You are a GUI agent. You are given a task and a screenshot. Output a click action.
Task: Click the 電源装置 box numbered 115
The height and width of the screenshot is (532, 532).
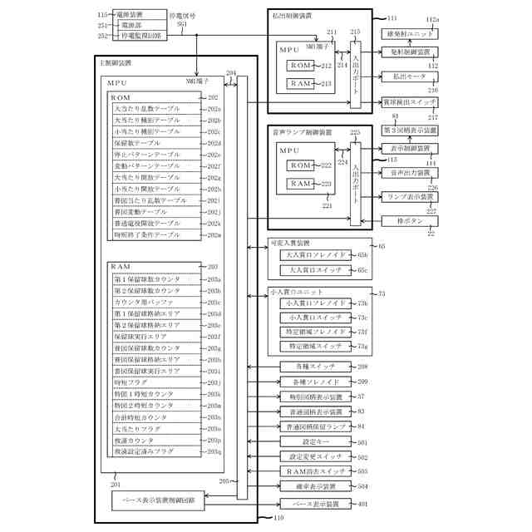click(x=134, y=15)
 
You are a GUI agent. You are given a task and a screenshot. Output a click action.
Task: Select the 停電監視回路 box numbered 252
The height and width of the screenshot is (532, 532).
click(x=134, y=36)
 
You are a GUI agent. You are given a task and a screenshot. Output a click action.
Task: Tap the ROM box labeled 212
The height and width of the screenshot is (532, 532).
click(x=301, y=66)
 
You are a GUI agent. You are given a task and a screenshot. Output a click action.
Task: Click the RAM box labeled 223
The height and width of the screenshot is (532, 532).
click(x=301, y=184)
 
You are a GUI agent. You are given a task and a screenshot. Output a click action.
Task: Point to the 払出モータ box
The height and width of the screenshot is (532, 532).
click(x=403, y=76)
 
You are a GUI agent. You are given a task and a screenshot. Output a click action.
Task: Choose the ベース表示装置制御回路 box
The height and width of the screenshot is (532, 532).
click(x=159, y=501)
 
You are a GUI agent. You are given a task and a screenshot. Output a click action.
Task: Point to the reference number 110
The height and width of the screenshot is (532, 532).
click(x=278, y=517)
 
